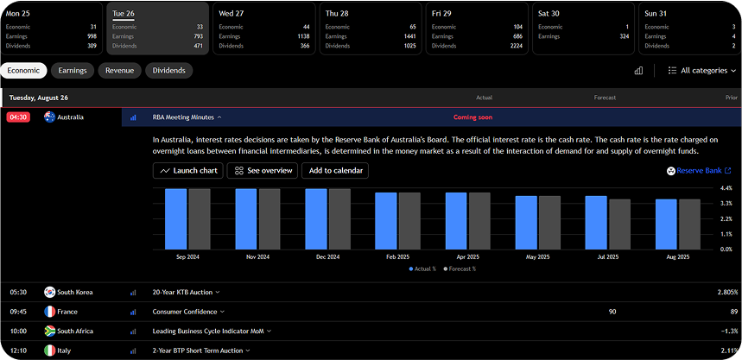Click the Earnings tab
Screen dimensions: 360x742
73,71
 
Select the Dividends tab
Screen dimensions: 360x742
168,71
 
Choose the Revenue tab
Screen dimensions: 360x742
119,71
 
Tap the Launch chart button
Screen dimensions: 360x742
187,171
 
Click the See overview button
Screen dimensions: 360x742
263,171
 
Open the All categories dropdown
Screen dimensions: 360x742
702,71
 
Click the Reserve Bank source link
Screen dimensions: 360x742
698,171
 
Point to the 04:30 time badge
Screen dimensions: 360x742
19,117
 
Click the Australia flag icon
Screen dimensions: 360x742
50,117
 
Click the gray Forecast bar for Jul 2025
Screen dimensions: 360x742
619,224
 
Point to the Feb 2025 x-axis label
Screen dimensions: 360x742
397,257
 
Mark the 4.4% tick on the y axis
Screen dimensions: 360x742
726,188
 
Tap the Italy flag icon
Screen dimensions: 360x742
50,351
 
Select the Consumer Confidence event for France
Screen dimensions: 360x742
185,312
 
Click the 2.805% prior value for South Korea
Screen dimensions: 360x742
727,293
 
